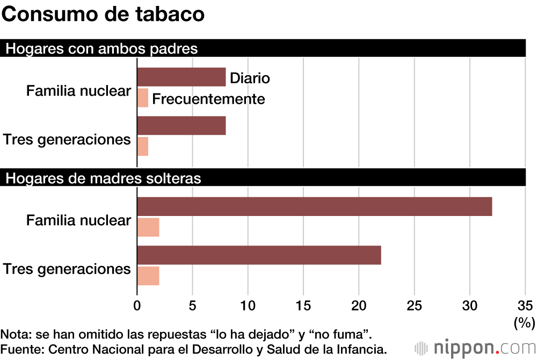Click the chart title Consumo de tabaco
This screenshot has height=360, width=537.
[103, 15]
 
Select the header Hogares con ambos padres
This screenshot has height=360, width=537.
[101, 49]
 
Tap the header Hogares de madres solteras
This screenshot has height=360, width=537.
[103, 178]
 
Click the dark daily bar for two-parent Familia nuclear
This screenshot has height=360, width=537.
[182, 77]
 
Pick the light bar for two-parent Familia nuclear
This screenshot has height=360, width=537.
[143, 98]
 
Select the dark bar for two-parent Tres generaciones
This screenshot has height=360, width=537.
[182, 126]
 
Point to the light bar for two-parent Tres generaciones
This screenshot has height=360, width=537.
[143, 146]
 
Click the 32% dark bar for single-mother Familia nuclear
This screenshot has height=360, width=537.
[315, 206]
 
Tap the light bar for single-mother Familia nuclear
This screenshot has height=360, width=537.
[149, 227]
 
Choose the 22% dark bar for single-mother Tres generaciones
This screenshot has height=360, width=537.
[259, 255]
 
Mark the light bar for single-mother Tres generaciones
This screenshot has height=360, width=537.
[149, 276]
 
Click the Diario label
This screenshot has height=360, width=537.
[250, 78]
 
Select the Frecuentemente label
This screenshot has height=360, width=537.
[209, 99]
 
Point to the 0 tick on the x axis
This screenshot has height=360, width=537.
[137, 305]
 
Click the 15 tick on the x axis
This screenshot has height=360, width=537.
[303, 305]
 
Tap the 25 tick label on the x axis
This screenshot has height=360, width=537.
[414, 305]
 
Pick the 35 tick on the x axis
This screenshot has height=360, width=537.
[525, 305]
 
